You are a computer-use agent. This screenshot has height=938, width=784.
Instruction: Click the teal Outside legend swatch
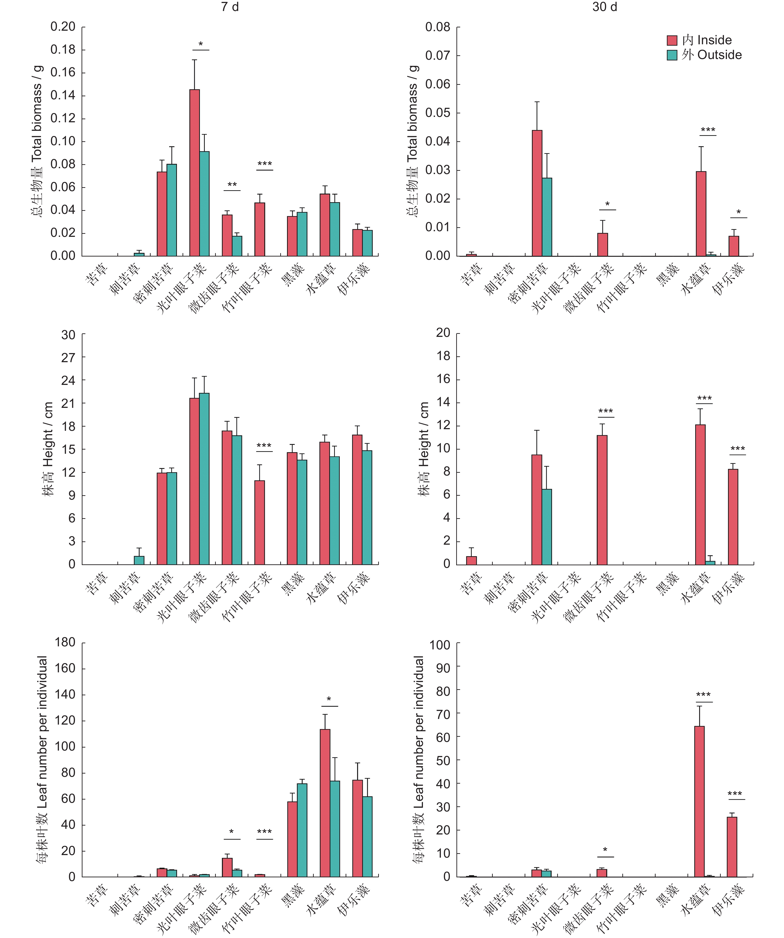[672, 55]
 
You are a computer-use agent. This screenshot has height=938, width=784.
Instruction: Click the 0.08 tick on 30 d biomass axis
[437, 27]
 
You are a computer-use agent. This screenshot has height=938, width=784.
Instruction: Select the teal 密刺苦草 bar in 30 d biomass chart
[547, 217]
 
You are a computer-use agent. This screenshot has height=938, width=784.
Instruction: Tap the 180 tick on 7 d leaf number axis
[65, 642]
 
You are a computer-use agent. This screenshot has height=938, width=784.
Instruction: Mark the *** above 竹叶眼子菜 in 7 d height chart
[264, 446]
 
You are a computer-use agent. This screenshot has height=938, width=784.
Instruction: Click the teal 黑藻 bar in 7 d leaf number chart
[302, 830]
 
